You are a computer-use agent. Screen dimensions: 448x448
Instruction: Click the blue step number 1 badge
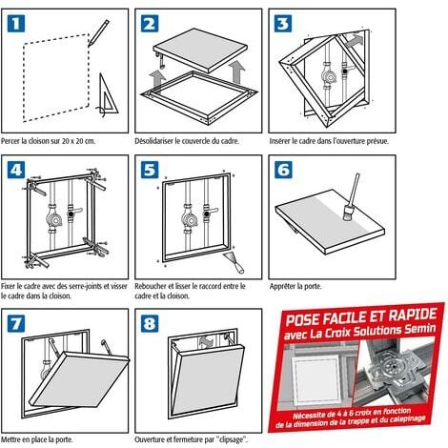16,23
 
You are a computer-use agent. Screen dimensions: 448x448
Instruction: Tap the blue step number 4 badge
16,170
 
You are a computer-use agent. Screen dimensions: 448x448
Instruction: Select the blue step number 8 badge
150,323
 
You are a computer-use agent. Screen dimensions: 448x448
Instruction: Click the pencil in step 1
99,32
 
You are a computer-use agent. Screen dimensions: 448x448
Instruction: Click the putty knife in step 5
235,262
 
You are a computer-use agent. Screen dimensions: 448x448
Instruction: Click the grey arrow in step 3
353,41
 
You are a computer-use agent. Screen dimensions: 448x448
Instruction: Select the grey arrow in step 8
207,343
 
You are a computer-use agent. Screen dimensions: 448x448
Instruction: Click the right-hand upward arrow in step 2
236,72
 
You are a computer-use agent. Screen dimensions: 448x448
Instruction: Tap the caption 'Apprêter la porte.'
295,286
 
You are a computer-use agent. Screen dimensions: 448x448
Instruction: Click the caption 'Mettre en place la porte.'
37,439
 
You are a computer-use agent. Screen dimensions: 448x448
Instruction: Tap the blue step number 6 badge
283,170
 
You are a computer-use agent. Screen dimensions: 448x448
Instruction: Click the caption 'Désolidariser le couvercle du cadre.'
187,141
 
